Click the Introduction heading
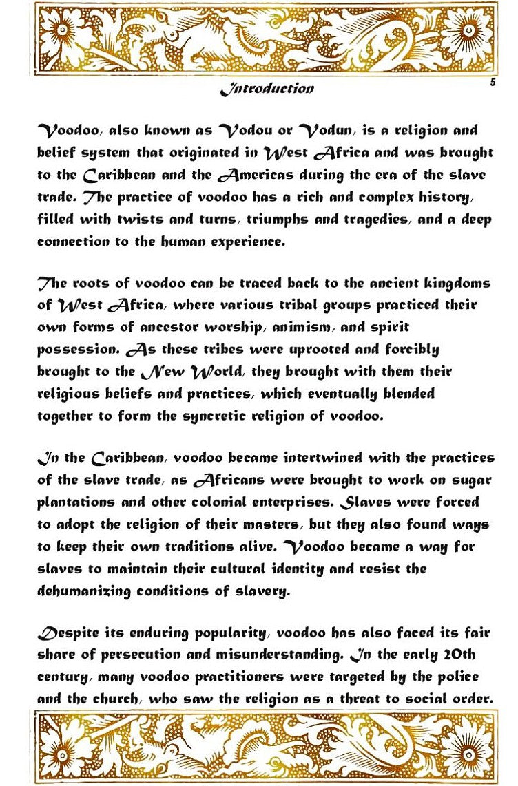(267, 89)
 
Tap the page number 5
(493, 82)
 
